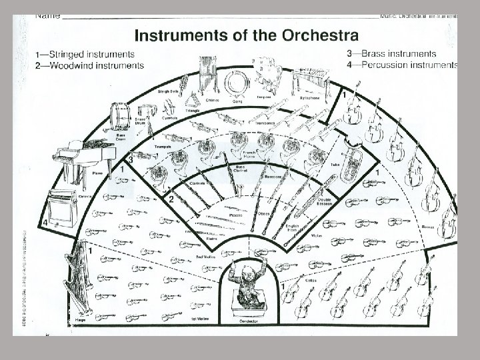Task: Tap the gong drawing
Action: pyautogui.click(x=235, y=83)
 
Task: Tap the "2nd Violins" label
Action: pyautogui.click(x=206, y=257)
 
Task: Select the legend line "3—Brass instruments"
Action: pyautogui.click(x=392, y=53)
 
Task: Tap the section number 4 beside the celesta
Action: pyautogui.click(x=45, y=222)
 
